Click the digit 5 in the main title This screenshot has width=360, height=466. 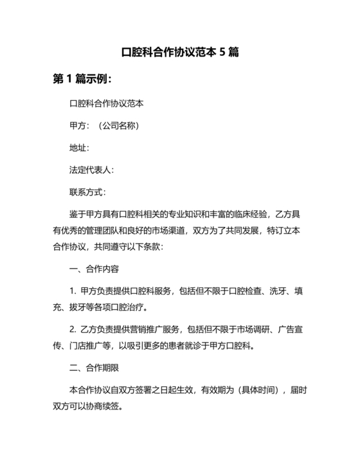click(222, 52)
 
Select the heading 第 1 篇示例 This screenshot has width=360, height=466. click(83, 80)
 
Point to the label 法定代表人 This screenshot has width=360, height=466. click(91, 170)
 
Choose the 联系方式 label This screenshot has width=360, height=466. click(87, 192)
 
